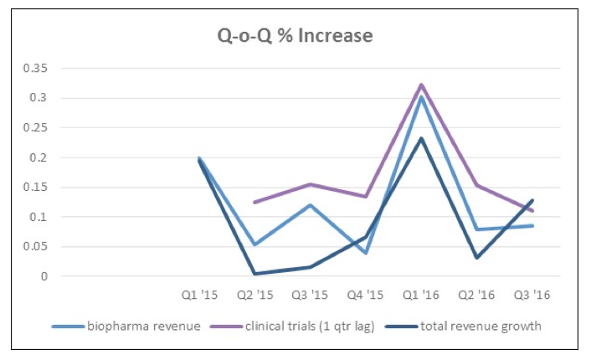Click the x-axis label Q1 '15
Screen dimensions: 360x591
click(x=199, y=295)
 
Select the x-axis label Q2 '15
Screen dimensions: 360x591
click(x=254, y=295)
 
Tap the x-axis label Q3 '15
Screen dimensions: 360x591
click(x=309, y=295)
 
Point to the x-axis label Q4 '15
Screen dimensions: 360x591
click(x=364, y=295)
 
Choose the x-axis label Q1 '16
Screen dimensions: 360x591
click(x=420, y=295)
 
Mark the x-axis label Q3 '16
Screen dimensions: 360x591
click(x=531, y=295)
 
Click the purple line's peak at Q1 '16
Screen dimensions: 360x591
click(x=421, y=85)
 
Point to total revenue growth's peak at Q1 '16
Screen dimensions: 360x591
click(x=421, y=138)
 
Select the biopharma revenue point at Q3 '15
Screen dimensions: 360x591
click(x=310, y=205)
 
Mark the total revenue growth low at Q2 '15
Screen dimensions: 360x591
click(x=254, y=274)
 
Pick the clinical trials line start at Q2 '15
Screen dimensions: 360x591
click(x=254, y=202)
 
